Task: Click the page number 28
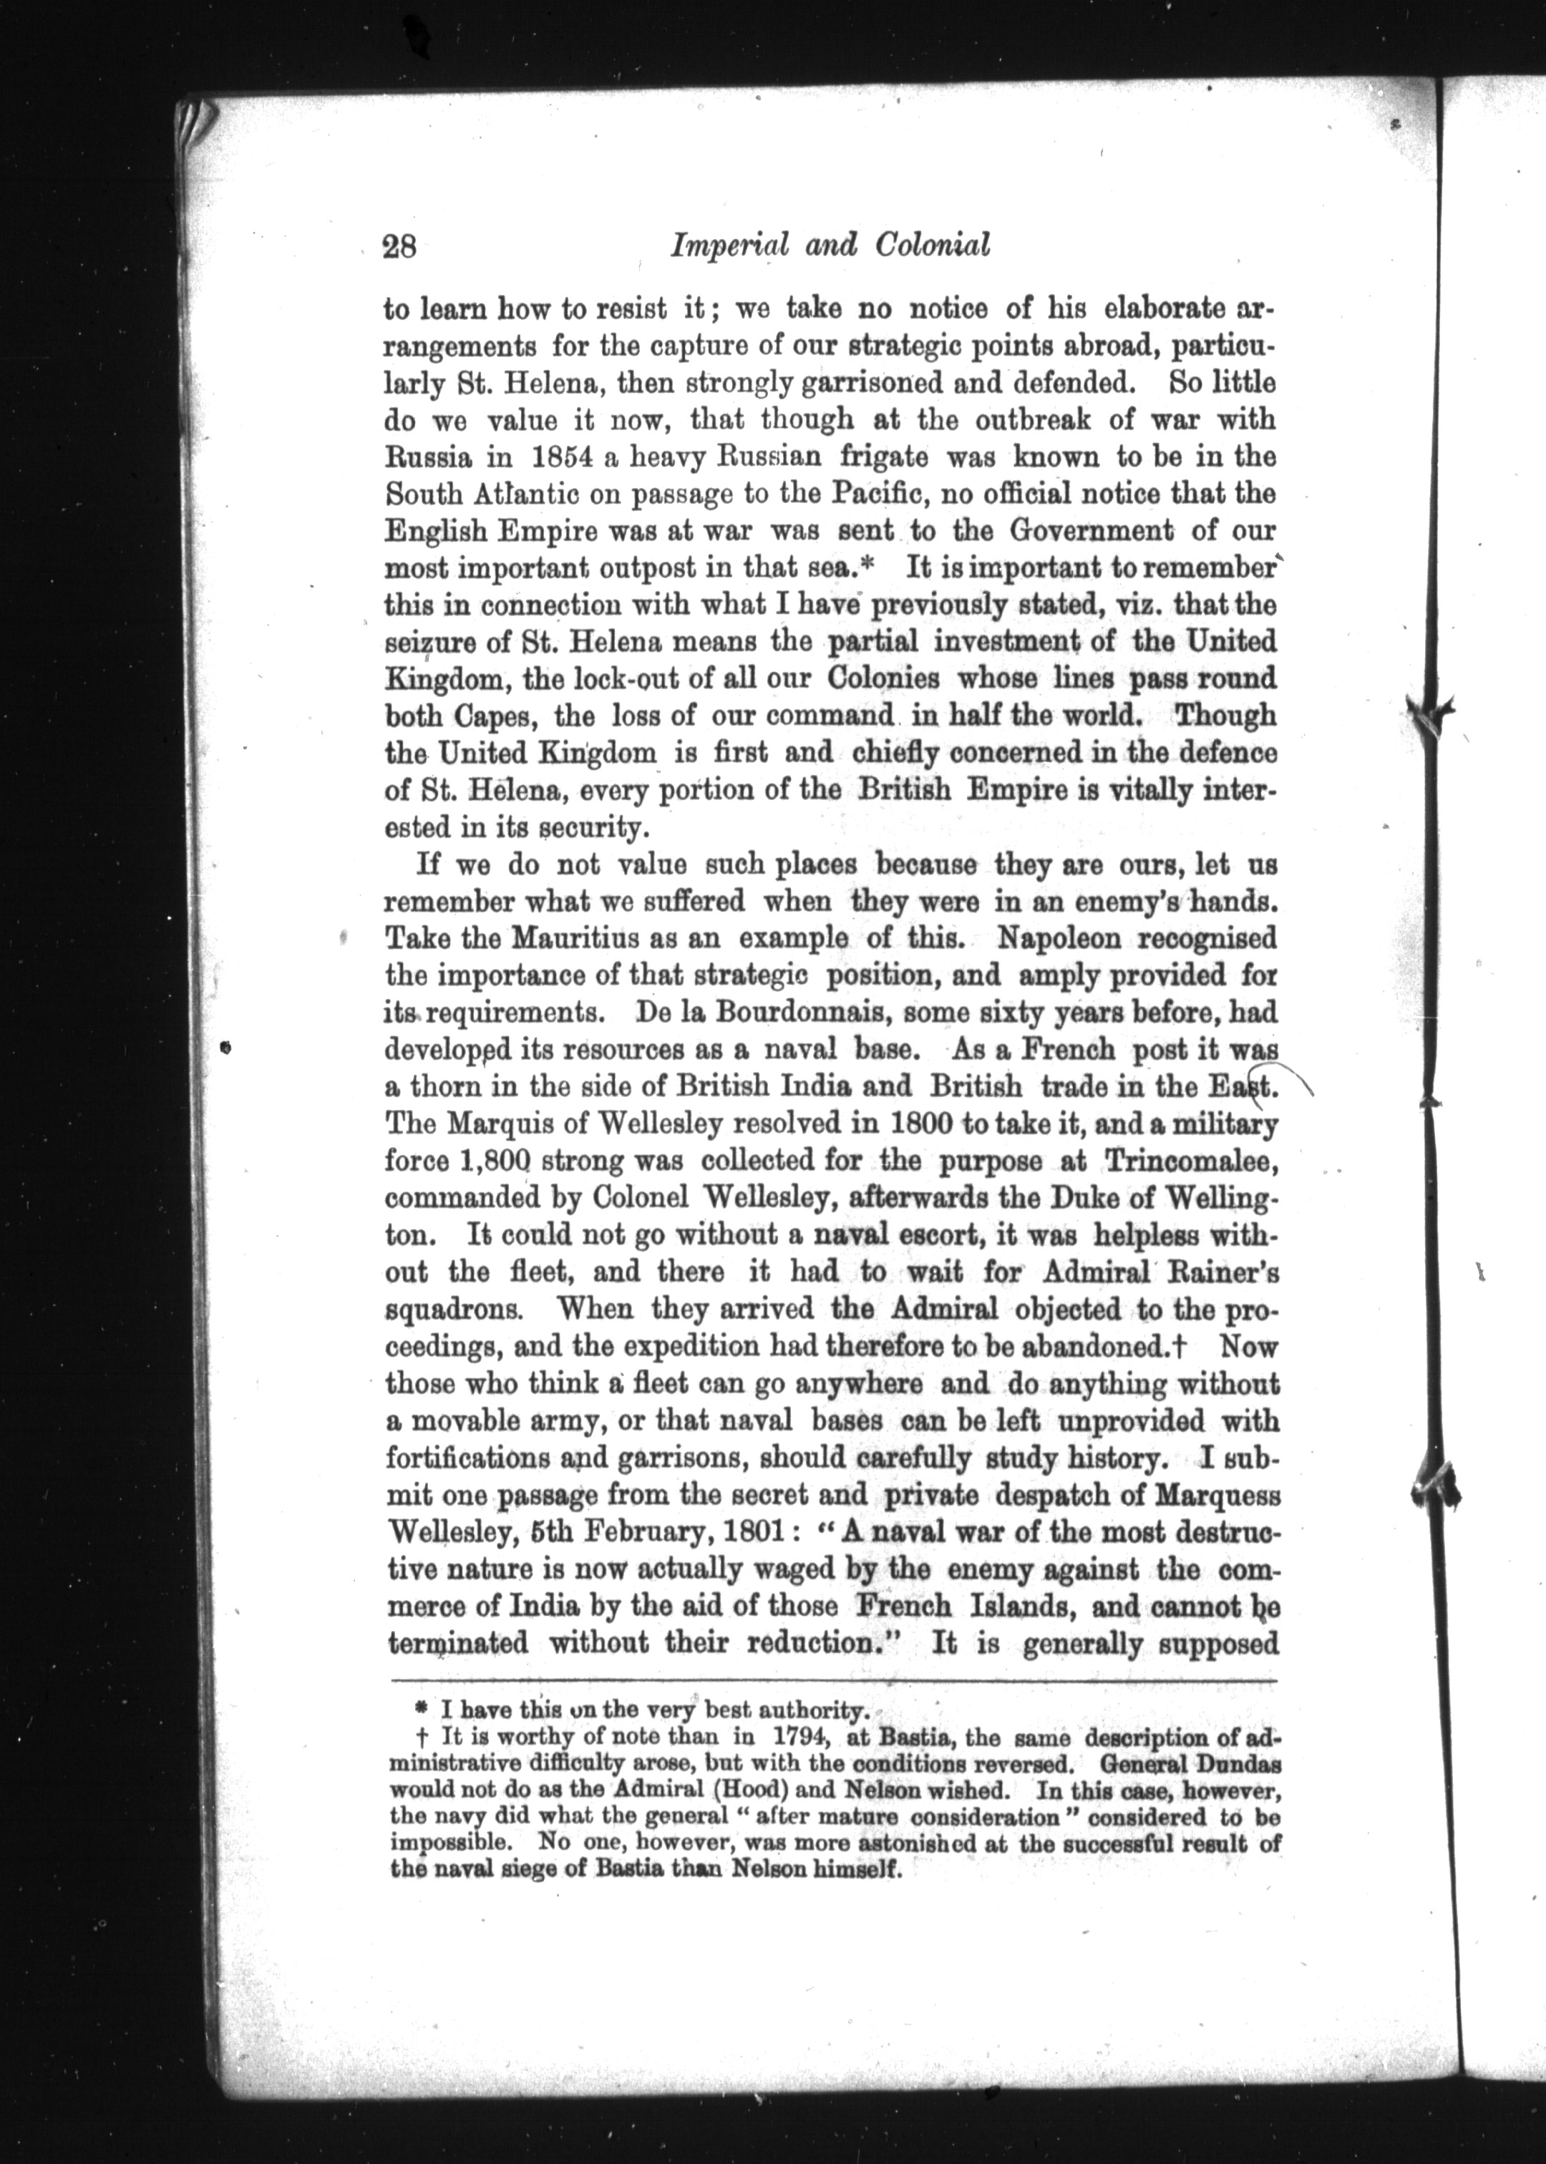point(400,248)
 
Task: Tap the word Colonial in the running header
point(929,246)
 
